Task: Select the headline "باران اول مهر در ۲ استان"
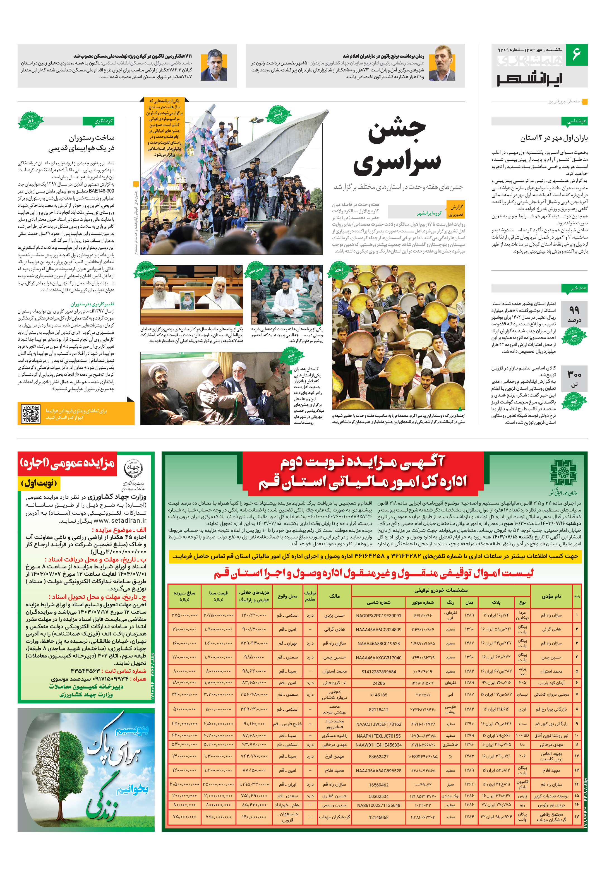click(554, 138)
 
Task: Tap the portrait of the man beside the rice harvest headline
click(442, 63)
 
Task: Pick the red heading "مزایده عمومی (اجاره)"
click(67, 463)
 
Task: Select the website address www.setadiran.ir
click(120, 521)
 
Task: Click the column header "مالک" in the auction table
click(334, 596)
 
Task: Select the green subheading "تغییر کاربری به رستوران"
click(92, 304)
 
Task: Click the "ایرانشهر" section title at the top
click(529, 78)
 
